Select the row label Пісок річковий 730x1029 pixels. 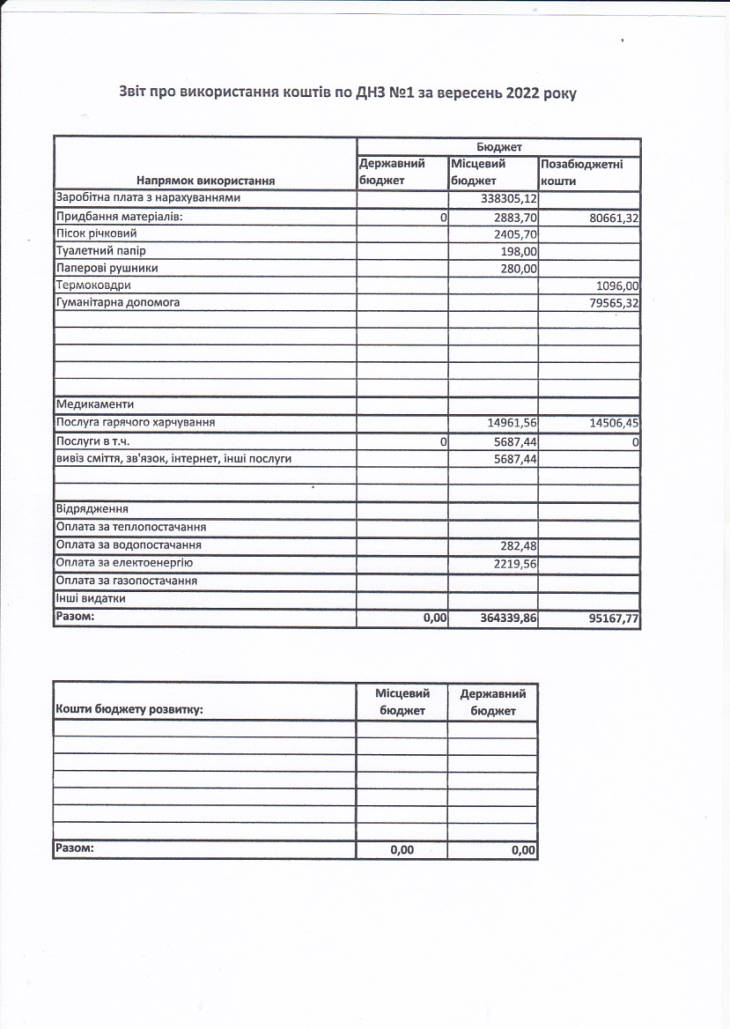(97, 234)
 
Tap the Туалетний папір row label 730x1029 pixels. (101, 251)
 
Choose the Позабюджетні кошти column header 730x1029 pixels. (582, 172)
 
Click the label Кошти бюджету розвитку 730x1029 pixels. (129, 708)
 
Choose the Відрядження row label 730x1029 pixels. (92, 510)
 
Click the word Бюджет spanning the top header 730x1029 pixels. (498, 147)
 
